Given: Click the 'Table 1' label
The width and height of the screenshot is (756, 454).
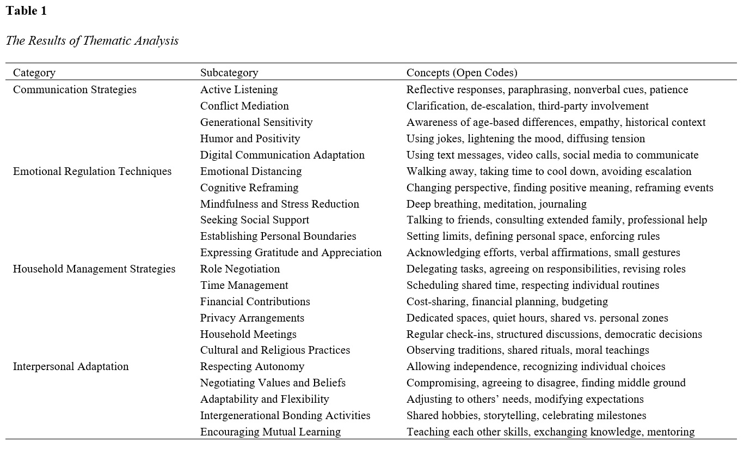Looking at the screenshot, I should tap(26, 11).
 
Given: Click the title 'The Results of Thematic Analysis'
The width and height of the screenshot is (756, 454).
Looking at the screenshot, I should tap(92, 41).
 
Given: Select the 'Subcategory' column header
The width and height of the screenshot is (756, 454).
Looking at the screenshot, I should tap(229, 72).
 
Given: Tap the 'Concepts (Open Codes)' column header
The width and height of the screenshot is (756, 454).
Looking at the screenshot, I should tap(462, 72).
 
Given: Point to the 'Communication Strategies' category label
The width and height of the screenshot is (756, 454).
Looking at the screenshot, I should tap(75, 89).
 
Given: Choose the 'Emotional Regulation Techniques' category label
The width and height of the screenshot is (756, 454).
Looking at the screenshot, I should tap(92, 171).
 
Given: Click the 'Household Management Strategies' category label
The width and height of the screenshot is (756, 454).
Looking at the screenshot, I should tap(94, 269).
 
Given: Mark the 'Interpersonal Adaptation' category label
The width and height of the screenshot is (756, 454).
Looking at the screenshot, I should tap(71, 366).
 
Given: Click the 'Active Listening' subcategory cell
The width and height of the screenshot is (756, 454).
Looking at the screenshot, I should tap(239, 89).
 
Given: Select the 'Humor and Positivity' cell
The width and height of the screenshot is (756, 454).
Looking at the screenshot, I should tap(250, 138).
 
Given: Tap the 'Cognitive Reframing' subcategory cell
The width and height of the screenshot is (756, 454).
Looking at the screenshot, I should tap(249, 187).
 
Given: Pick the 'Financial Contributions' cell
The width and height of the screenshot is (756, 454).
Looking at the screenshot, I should tap(255, 301).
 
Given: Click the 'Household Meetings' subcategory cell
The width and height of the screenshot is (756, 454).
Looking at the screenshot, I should tap(248, 334).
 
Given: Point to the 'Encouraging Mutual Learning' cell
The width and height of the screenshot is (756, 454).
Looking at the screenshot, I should tap(270, 432).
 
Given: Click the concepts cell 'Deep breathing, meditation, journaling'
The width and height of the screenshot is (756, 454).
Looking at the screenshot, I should tap(496, 204).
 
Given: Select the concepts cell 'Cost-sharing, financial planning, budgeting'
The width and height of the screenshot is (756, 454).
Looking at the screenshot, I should tap(507, 301).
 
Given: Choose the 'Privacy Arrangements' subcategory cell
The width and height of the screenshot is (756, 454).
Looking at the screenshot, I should tap(252, 318).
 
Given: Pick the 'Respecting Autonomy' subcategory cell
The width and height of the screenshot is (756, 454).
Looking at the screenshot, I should tap(252, 366).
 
